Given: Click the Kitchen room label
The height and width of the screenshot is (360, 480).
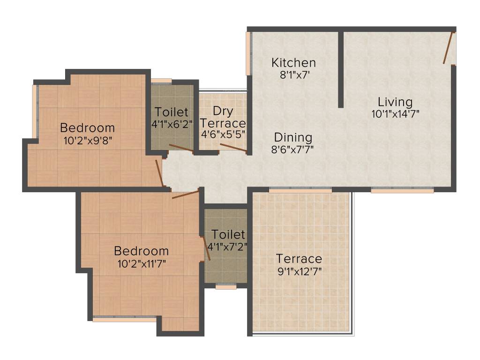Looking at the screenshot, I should (x=294, y=62).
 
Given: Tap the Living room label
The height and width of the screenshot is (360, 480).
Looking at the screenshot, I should (x=395, y=102).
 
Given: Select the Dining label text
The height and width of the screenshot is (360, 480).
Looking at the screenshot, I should (x=293, y=137).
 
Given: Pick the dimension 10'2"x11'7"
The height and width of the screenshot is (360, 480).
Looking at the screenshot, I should (x=142, y=263).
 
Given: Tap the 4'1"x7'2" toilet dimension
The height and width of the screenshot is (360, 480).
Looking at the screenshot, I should (x=227, y=245).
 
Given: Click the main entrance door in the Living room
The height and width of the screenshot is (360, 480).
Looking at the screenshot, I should (x=449, y=47).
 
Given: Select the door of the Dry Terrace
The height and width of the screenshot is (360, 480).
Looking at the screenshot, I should (x=233, y=148).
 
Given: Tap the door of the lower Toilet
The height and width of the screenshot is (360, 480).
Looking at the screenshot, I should (x=206, y=248).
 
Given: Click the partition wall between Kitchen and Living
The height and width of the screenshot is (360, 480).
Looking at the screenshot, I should (x=341, y=70).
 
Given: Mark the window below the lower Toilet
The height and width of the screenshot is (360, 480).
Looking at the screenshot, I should (x=225, y=287).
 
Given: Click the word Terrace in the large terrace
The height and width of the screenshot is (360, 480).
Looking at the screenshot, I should (x=299, y=259).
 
